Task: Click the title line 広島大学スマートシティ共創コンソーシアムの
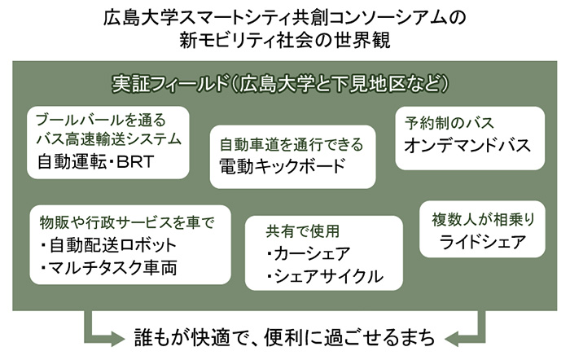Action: [x=284, y=17]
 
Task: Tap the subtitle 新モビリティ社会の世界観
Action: [x=284, y=41]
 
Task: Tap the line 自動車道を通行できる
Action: [x=291, y=145]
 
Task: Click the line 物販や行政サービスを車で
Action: [x=126, y=222]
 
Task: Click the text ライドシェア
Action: [x=479, y=242]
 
